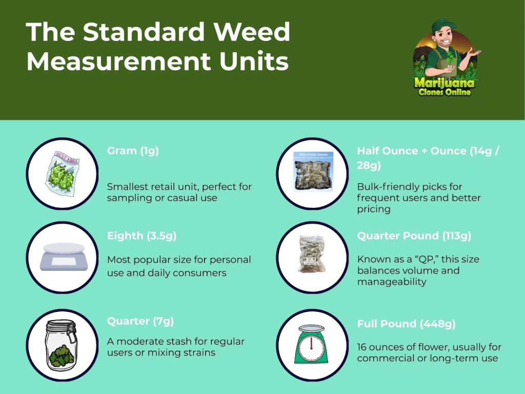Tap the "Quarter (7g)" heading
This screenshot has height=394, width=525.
coord(140,322)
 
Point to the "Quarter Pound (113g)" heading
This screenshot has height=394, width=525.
coord(414,236)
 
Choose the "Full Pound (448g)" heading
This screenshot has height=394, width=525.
coord(406,324)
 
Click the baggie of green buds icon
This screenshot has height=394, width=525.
coord(62,173)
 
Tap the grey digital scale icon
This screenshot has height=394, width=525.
coord(63,257)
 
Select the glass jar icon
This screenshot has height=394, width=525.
coord(62,344)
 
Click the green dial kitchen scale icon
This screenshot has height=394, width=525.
coord(312,345)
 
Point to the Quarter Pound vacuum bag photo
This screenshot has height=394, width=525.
coord(312,257)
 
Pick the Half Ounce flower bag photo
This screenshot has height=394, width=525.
coord(312,172)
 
